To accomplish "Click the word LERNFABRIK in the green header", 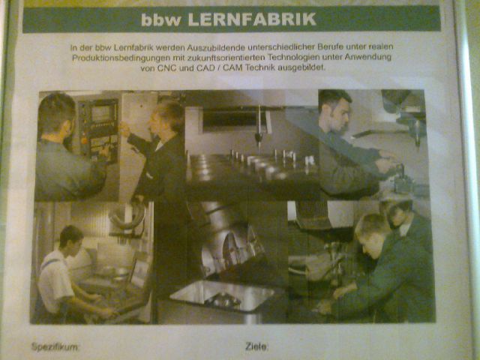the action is (x=252, y=19).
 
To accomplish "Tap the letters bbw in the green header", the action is (x=161, y=20).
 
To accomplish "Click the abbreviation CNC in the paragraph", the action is (x=166, y=68).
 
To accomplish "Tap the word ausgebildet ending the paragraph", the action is (x=301, y=67).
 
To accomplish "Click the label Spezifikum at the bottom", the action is (x=55, y=346).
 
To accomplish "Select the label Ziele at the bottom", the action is (x=256, y=346).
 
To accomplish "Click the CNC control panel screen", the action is (x=100, y=113).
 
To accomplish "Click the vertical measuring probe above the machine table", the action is (x=259, y=128).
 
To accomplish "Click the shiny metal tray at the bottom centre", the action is (x=225, y=296).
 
